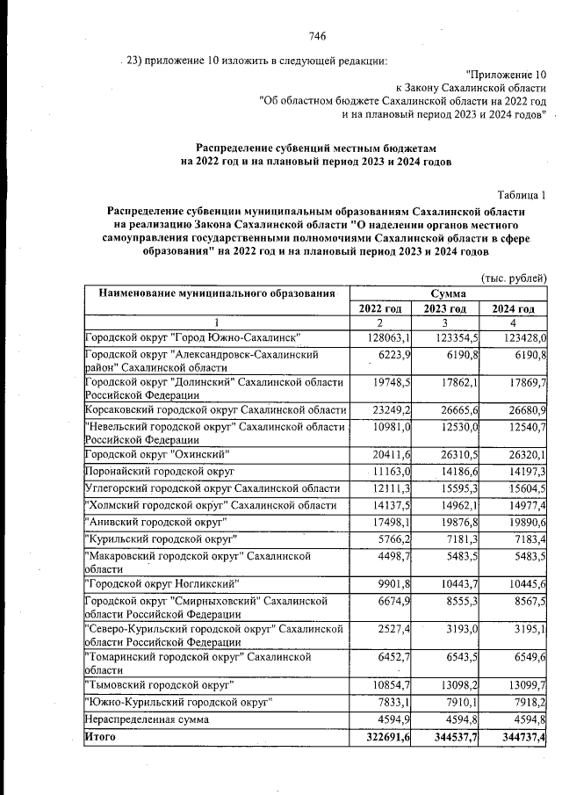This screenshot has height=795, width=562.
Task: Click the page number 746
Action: [318, 36]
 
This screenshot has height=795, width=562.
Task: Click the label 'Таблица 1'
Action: [522, 194]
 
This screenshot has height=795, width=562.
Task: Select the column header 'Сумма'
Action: [448, 293]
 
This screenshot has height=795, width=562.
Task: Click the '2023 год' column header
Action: [447, 308]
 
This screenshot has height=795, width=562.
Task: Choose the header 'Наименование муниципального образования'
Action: [216, 293]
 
